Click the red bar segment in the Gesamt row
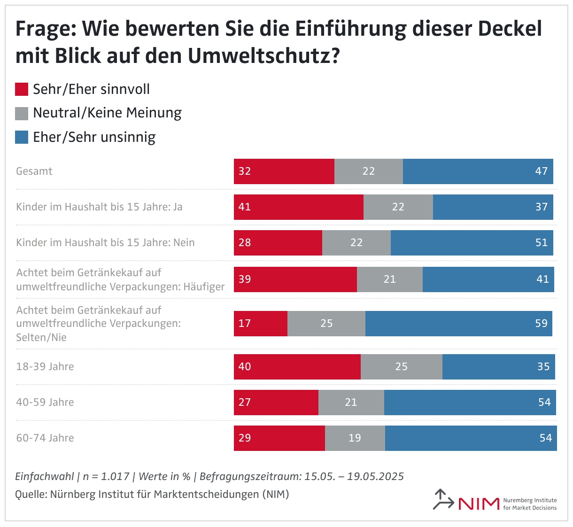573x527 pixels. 284,171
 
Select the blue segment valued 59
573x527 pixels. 458,324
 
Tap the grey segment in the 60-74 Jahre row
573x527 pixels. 355,438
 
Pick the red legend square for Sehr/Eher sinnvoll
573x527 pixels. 22,89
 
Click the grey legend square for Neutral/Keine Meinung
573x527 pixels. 22,113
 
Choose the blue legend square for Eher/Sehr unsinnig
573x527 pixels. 22,137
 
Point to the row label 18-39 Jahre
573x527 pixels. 45,367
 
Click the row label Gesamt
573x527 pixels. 34,171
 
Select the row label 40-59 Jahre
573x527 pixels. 45,403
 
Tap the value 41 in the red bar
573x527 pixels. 245,207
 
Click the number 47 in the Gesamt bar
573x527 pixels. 541,171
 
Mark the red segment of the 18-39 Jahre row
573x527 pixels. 297,367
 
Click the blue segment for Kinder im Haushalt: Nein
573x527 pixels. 472,243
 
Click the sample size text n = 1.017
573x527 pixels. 106,477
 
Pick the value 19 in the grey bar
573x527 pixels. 355,438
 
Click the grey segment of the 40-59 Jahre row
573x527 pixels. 351,403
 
